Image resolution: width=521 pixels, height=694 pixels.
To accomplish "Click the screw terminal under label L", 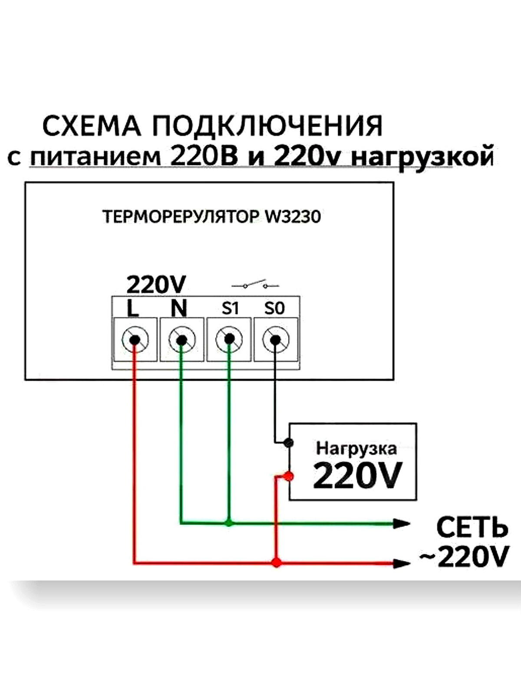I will (135, 339).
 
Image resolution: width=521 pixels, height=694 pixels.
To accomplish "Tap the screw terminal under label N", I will (182, 339).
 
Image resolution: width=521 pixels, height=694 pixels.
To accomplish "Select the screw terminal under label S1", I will (229, 339).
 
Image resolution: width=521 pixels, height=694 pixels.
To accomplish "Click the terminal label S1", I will (230, 308).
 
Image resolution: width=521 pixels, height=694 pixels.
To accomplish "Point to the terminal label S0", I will (274, 308).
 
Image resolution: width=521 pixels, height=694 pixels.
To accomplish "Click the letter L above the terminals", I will (132, 309).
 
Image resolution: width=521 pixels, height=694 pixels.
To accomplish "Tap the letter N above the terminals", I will (178, 309).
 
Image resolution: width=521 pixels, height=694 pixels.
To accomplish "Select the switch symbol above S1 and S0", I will (255, 285).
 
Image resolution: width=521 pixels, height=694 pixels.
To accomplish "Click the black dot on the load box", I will (288, 442).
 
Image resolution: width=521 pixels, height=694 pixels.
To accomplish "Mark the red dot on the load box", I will (288, 477).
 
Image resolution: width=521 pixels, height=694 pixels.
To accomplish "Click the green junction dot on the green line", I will (229, 523).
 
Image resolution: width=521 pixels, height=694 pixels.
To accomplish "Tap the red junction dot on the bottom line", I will (276, 563).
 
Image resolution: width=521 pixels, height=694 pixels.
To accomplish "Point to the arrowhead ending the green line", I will (402, 523).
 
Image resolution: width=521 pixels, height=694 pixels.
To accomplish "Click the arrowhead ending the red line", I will (402, 563).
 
